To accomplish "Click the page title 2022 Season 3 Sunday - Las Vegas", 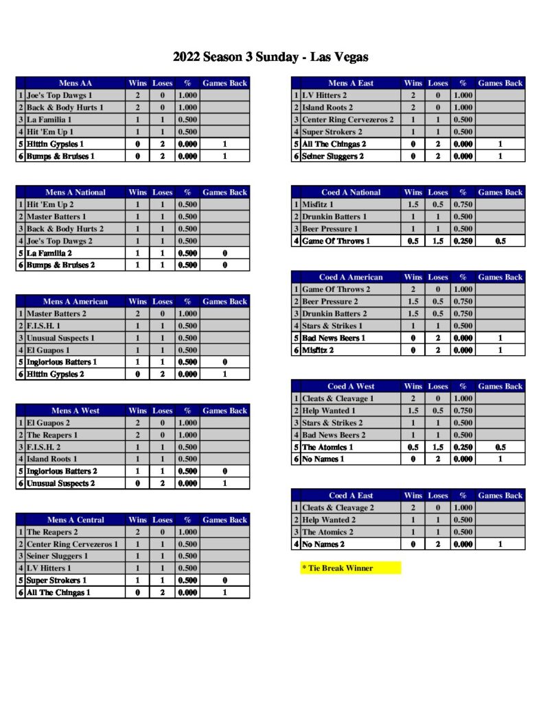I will (x=270, y=57).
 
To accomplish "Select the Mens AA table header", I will (x=76, y=83).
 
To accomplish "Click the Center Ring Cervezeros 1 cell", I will (x=72, y=544).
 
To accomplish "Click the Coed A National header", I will (x=351, y=193).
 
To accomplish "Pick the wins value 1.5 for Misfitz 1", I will (x=413, y=204).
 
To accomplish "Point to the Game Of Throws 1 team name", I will (x=336, y=241).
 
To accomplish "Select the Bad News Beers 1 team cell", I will (x=334, y=338).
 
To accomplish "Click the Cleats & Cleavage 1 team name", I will (x=338, y=398).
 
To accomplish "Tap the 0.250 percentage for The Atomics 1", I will (x=463, y=447).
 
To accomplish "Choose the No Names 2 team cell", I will (x=323, y=544).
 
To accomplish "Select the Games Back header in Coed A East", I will (x=500, y=496).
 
